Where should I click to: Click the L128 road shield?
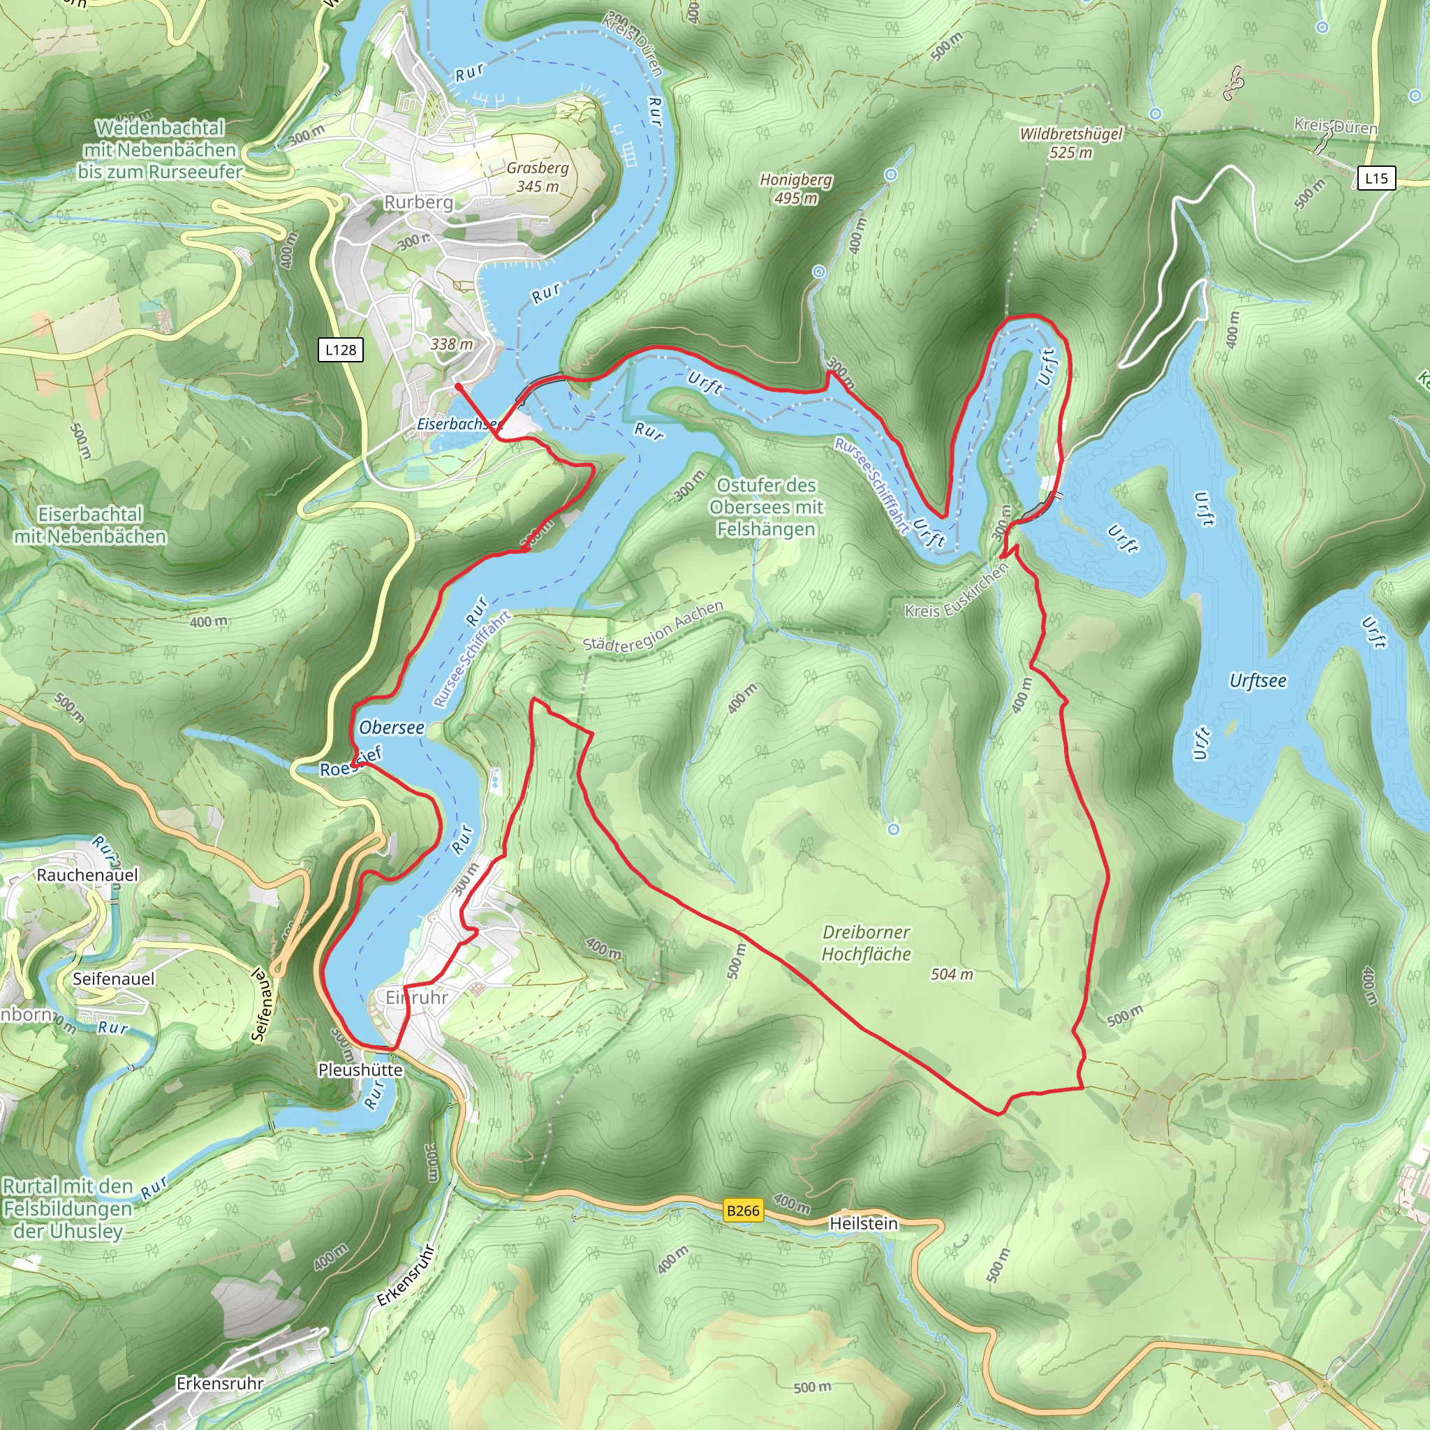tap(341, 350)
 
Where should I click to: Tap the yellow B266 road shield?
tap(742, 1211)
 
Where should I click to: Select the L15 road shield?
tap(1376, 178)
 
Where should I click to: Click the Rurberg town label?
tap(418, 202)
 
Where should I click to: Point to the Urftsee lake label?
tap(1258, 681)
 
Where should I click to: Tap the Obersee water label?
tap(392, 728)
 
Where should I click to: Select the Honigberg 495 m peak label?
tap(796, 189)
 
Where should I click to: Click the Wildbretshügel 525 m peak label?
tap(1070, 143)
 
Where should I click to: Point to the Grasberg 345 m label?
tap(538, 177)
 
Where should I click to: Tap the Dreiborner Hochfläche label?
tap(866, 943)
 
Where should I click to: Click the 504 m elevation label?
tap(952, 975)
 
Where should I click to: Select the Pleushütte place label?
tap(360, 1070)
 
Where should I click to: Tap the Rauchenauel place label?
tap(87, 875)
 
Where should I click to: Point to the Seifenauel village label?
tap(114, 979)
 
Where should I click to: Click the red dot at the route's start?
tap(458, 386)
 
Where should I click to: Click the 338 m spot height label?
tap(452, 344)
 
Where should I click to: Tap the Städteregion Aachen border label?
tap(653, 626)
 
